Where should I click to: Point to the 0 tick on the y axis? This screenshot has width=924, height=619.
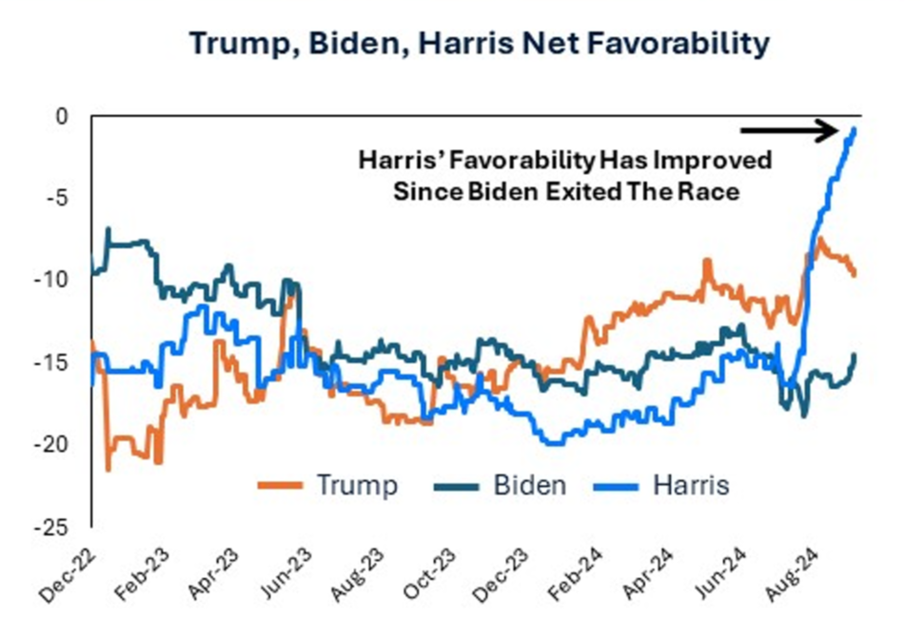[x=63, y=117]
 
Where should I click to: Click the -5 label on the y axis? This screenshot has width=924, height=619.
[x=57, y=199]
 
